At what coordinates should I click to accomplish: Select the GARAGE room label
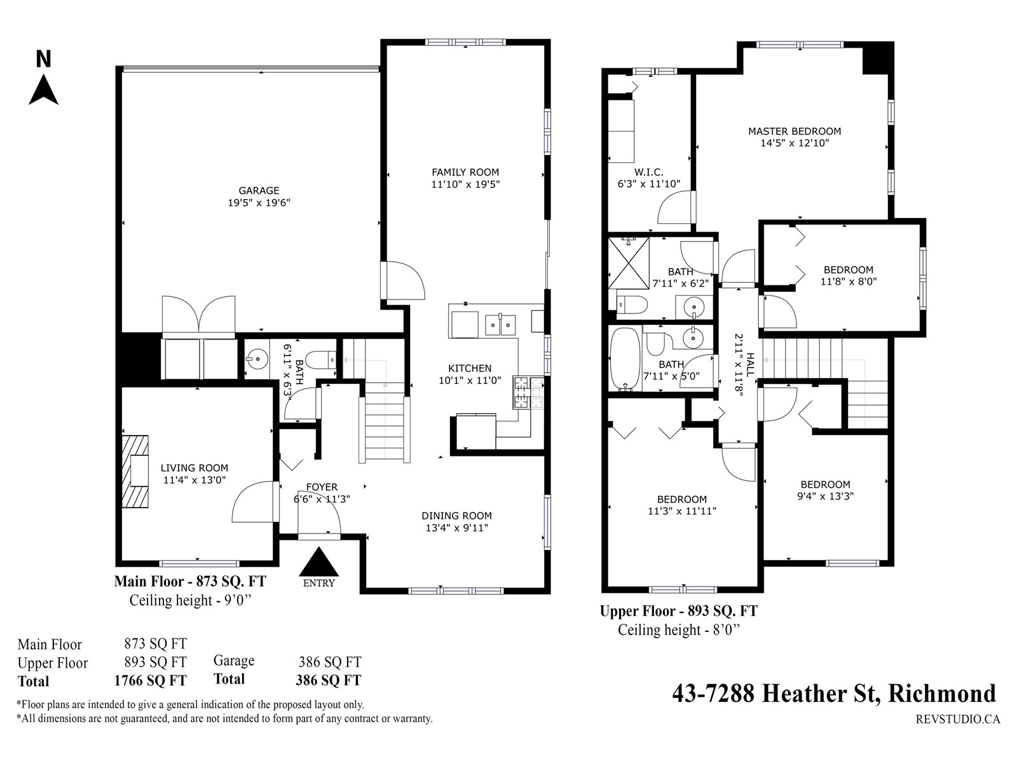(259, 190)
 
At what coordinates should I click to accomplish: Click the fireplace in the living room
(135, 471)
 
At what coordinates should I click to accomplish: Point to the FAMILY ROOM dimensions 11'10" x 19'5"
(465, 184)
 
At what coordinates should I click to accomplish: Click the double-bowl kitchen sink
(500, 324)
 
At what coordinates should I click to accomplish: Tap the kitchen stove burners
(528, 392)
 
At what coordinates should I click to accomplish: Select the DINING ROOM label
(456, 516)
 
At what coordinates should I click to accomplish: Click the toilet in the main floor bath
(321, 360)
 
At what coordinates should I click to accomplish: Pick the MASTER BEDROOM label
(795, 131)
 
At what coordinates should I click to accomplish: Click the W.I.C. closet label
(649, 172)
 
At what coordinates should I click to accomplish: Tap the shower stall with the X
(629, 263)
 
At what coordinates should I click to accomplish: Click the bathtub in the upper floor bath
(625, 359)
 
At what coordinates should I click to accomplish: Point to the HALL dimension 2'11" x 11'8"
(739, 364)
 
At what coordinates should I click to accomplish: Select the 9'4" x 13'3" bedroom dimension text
(825, 496)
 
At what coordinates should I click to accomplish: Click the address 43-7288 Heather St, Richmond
(834, 694)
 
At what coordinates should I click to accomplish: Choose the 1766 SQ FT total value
(150, 680)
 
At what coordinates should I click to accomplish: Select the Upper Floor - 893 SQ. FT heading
(678, 612)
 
